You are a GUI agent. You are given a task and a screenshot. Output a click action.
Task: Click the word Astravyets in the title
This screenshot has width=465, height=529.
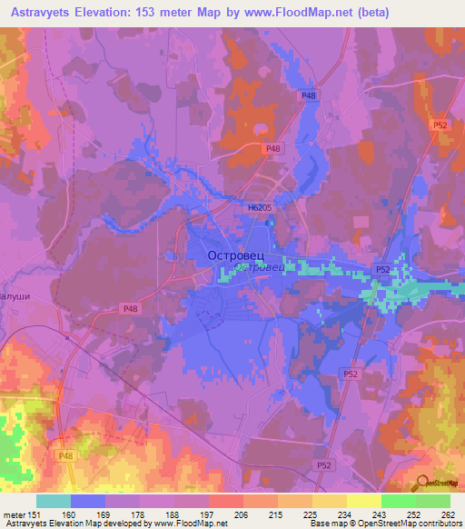[x=45, y=13]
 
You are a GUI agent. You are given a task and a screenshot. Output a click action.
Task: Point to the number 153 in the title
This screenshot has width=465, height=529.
[x=162, y=13]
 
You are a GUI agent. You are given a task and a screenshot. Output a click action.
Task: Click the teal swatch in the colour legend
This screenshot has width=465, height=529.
[x=54, y=501]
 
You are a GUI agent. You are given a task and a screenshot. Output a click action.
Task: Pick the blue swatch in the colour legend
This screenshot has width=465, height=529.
[x=88, y=501]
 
